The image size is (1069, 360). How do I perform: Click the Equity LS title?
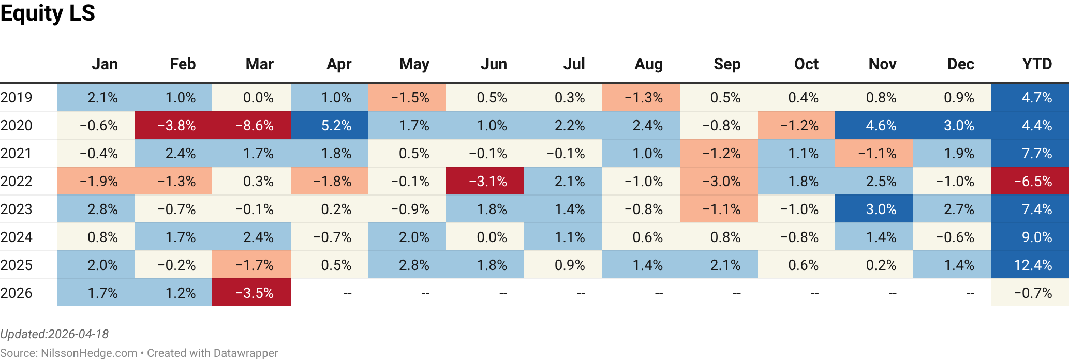[48, 13]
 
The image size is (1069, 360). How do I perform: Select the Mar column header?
[259, 64]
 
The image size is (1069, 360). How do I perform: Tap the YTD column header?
[1037, 64]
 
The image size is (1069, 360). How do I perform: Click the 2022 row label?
[17, 182]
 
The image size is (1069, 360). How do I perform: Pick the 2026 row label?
[17, 293]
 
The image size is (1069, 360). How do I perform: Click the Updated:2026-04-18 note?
[54, 334]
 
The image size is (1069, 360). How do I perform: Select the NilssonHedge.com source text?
[88, 353]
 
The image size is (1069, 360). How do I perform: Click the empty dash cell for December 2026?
[970, 293]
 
